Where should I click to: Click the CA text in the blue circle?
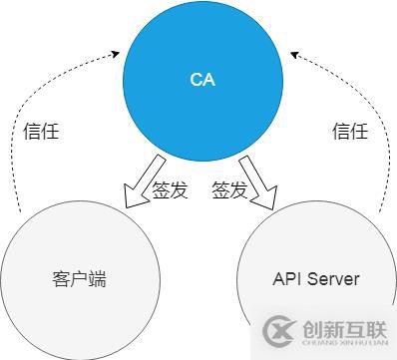pos(201,79)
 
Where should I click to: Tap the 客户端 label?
pos(78,279)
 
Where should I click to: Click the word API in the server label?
pos(286,279)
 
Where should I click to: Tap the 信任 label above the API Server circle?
pos(350,132)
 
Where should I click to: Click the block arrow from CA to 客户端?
pos(141,183)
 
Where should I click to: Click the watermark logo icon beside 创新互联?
pos(282,330)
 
